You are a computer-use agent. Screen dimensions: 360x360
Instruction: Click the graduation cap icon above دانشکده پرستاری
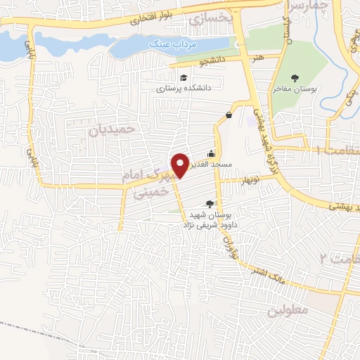click(x=184, y=77)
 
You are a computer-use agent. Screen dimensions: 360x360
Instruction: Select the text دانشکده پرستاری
click(x=179, y=89)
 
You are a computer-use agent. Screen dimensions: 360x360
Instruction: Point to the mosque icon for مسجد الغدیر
click(x=211, y=153)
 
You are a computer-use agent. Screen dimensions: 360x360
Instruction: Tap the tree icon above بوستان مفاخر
click(x=294, y=78)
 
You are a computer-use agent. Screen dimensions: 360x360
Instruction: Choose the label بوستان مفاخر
click(x=296, y=90)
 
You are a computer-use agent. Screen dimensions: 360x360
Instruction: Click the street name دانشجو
click(x=212, y=62)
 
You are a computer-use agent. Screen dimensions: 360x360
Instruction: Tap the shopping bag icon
click(x=229, y=115)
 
